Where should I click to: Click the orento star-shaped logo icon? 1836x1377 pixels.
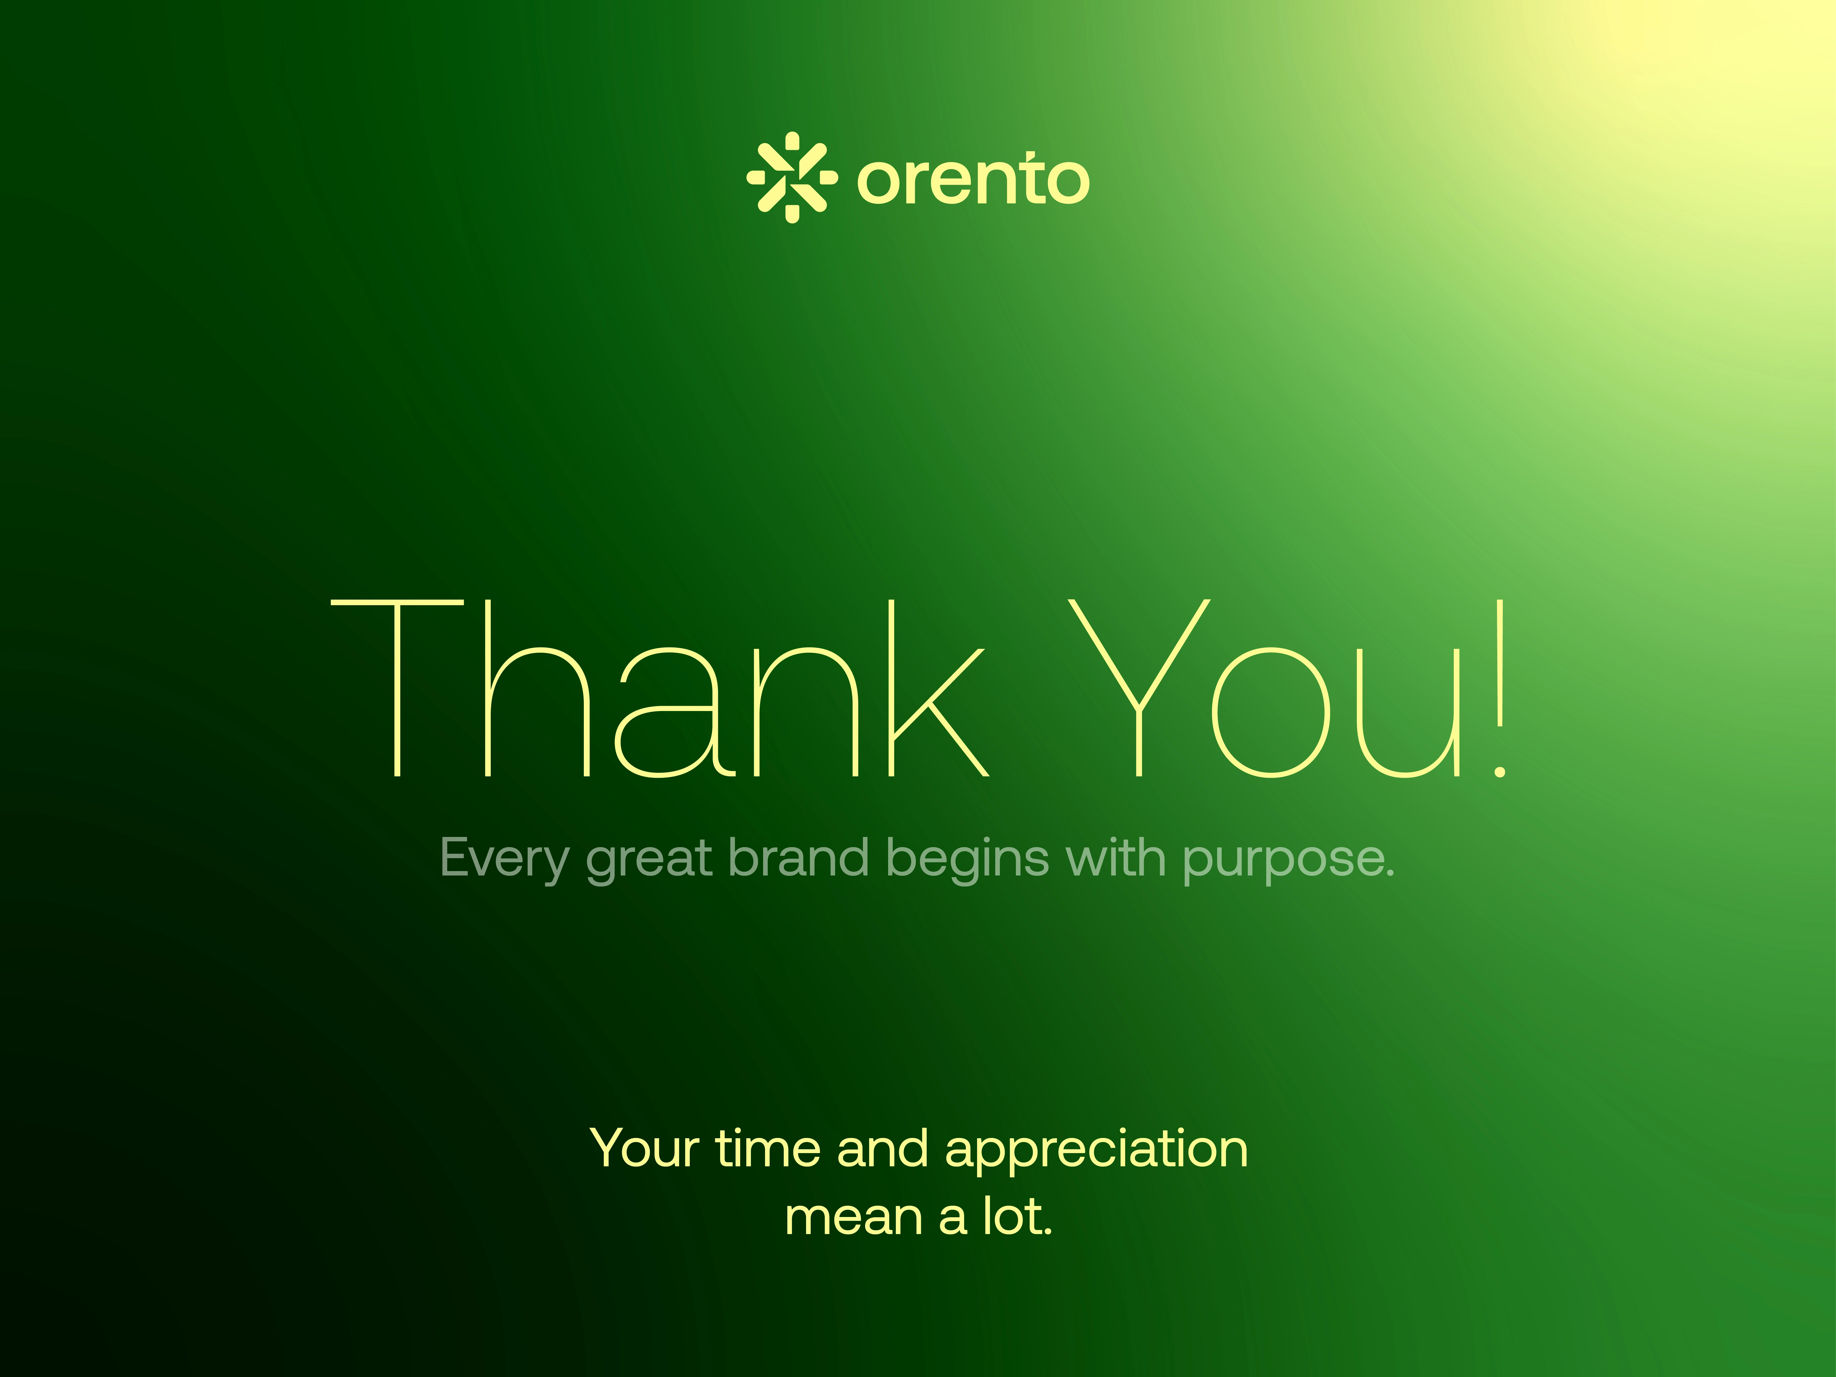click(792, 177)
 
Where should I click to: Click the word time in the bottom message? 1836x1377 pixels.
click(769, 1150)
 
